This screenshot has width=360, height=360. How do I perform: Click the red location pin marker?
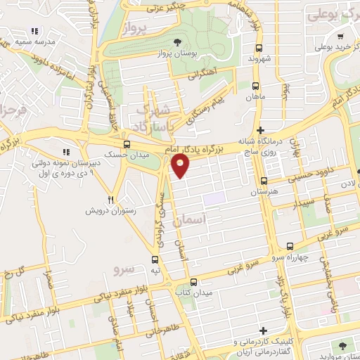point(181,166)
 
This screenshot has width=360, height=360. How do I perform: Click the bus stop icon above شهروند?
point(259,49)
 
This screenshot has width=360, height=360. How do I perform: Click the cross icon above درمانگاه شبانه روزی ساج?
point(261,129)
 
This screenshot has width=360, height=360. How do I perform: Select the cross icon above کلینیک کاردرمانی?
point(263,330)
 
